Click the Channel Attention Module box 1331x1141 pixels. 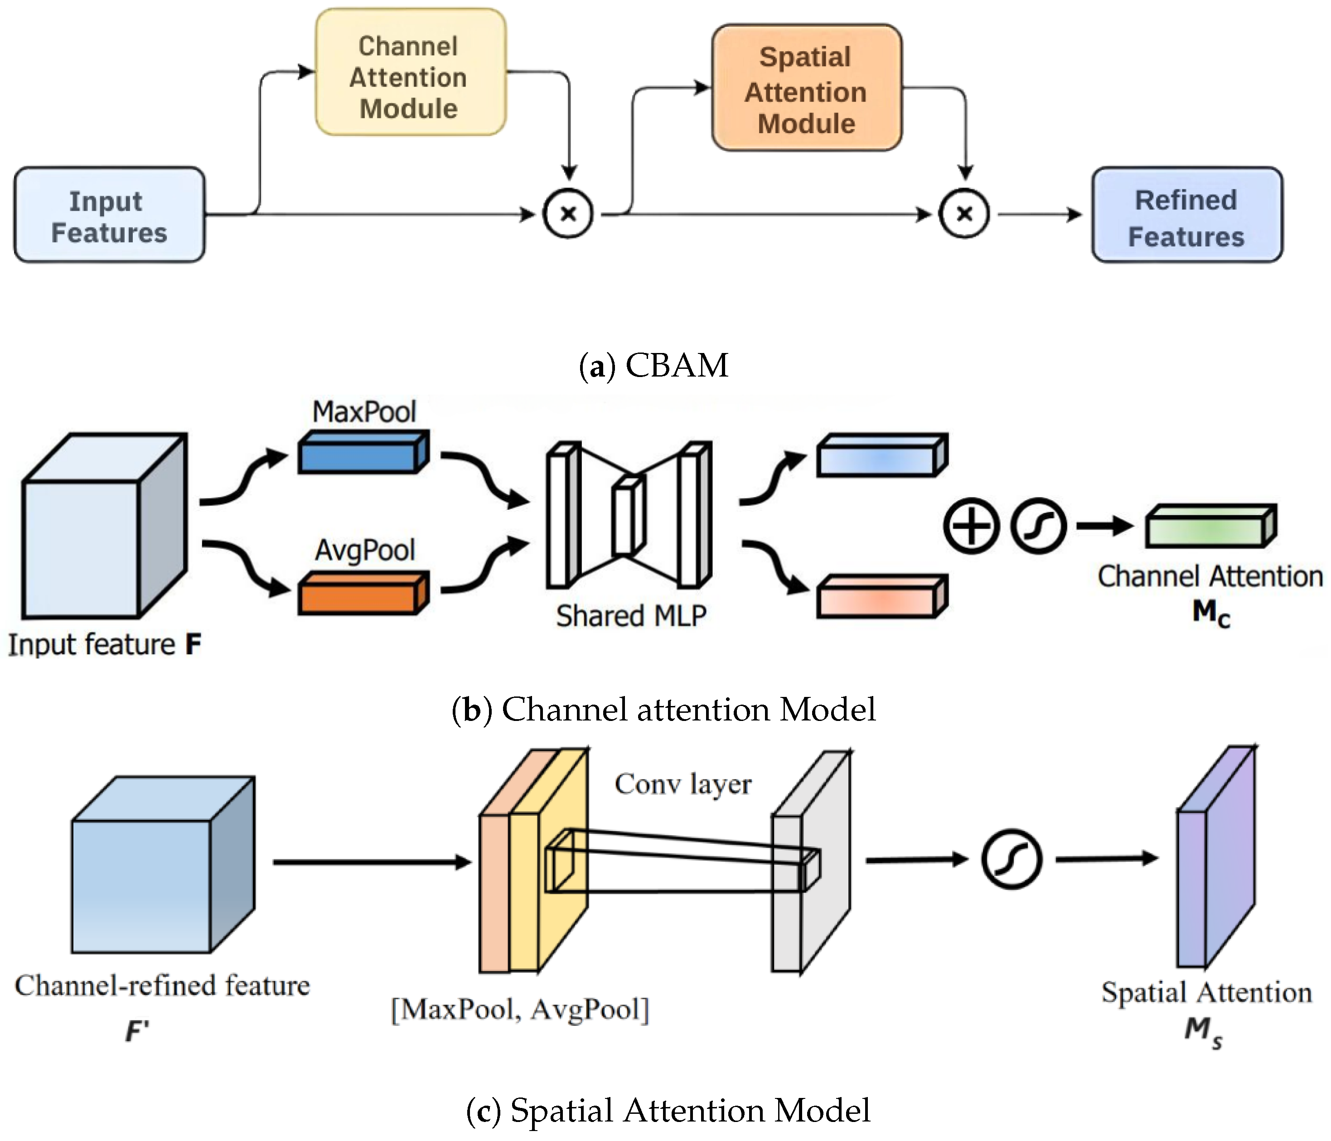pyautogui.click(x=410, y=72)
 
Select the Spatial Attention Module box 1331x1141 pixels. pyautogui.click(x=806, y=88)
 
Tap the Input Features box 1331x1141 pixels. pyautogui.click(x=109, y=215)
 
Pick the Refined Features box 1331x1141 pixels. pyautogui.click(x=1186, y=215)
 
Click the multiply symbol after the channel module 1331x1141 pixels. pyautogui.click(x=568, y=214)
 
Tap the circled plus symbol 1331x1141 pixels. pyautogui.click(x=971, y=526)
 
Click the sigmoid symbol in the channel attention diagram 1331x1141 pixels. pyautogui.click(x=1038, y=526)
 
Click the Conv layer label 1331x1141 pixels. pyautogui.click(x=683, y=784)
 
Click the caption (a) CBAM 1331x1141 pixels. pyautogui.click(x=654, y=366)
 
